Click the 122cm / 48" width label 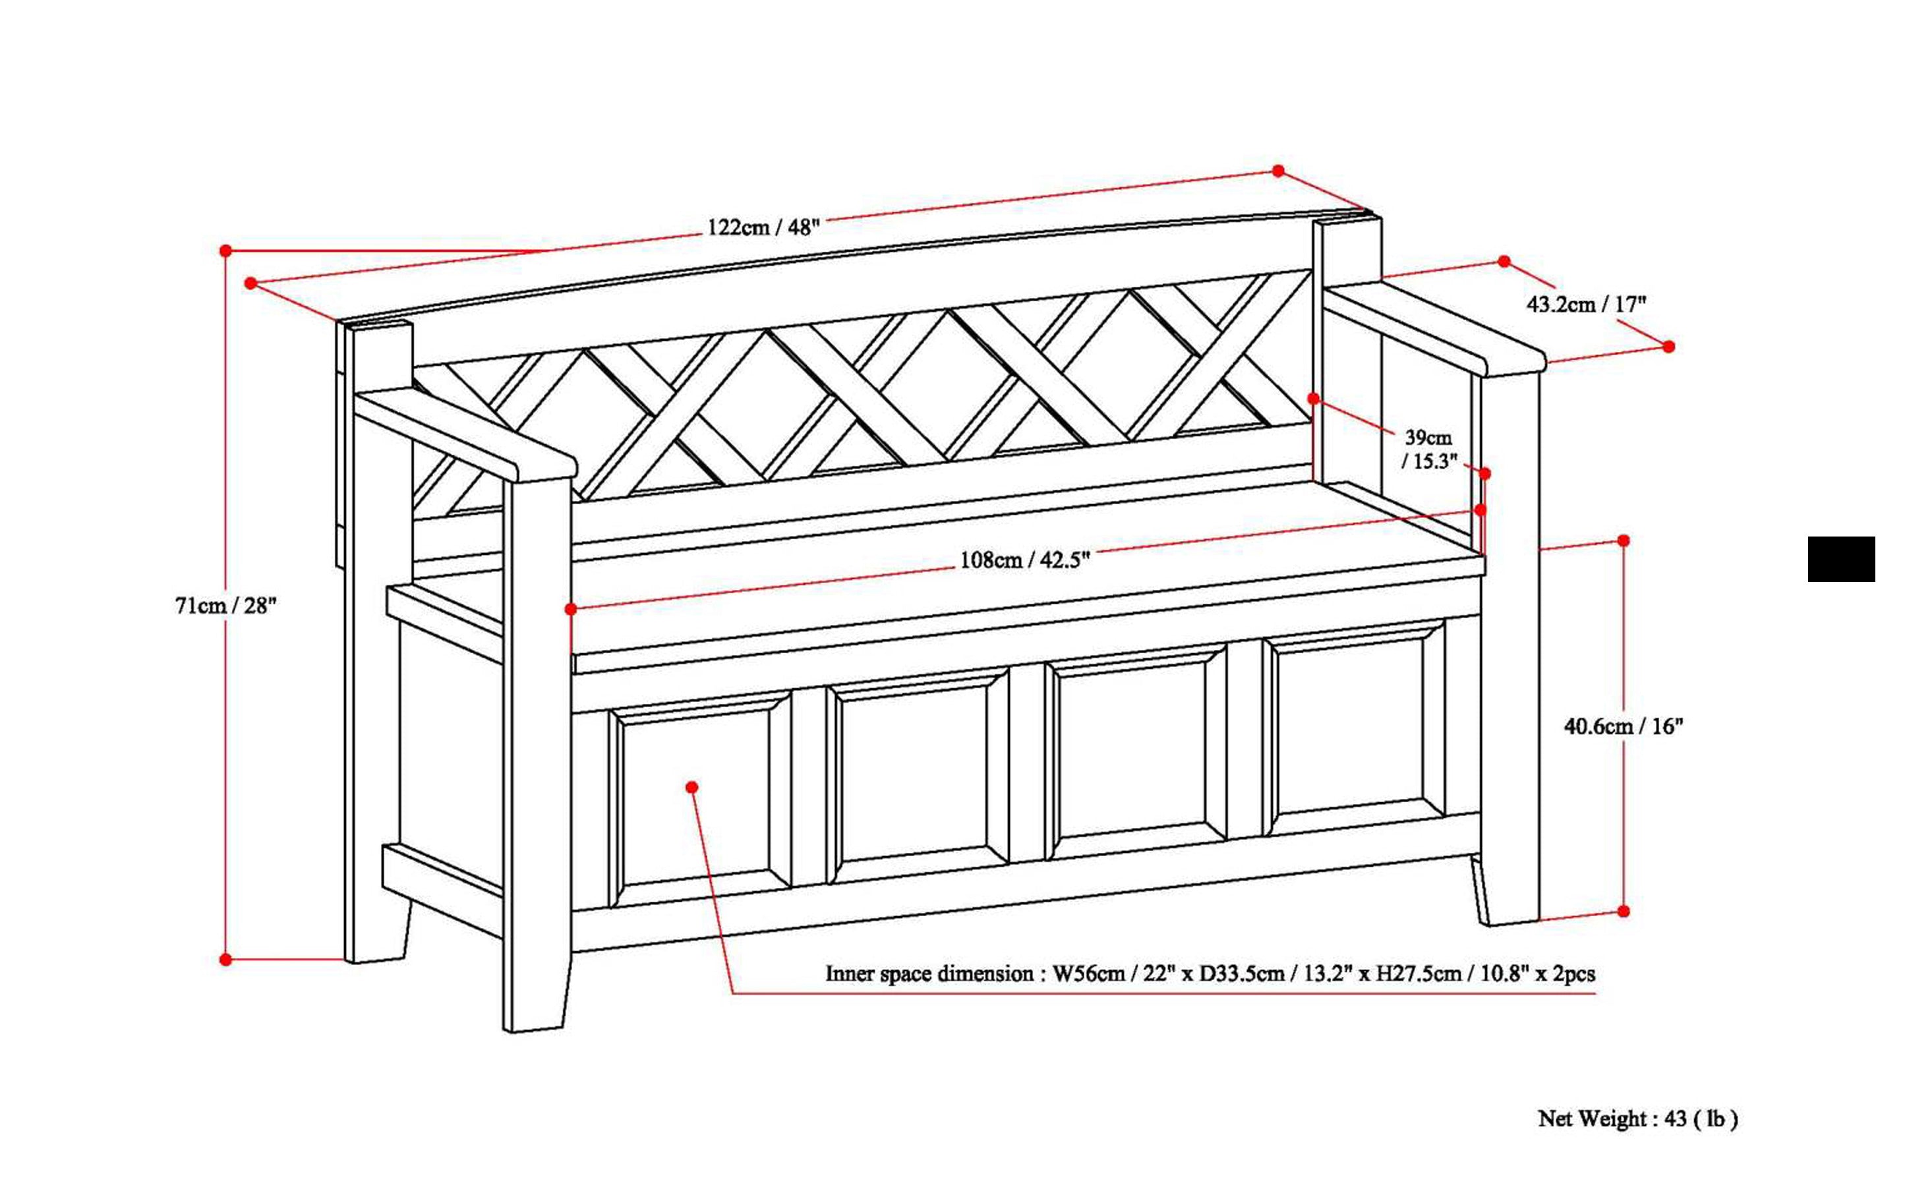(763, 228)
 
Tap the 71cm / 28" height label (225, 606)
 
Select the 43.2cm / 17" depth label (1586, 304)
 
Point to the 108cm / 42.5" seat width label (1024, 560)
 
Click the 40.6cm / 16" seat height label (1624, 726)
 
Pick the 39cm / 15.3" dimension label (1428, 449)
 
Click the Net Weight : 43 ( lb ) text (1637, 1118)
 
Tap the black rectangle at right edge (1840, 560)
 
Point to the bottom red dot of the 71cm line (225, 960)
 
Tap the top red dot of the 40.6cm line (1624, 540)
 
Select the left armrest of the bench (465, 434)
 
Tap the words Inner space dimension (929, 974)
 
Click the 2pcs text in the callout (1573, 974)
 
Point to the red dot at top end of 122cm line (1278, 171)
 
